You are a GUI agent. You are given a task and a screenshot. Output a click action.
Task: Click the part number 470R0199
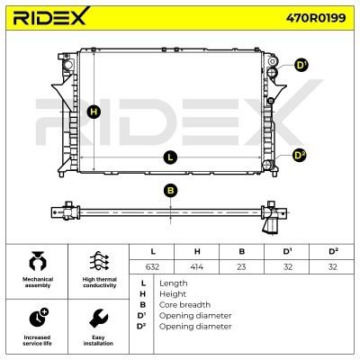(316, 18)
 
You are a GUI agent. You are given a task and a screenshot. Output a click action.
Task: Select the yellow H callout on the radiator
(94, 112)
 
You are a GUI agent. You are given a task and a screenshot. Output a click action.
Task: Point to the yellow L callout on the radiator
(170, 157)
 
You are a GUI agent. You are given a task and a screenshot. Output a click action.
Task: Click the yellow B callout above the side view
(170, 191)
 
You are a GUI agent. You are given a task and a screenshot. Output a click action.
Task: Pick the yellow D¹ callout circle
(301, 65)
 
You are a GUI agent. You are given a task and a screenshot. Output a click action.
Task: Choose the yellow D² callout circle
(300, 156)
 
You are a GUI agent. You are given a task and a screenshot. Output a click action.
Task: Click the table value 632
(152, 266)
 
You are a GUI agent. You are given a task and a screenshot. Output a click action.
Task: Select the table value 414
(197, 266)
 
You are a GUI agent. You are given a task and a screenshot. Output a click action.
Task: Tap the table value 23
(241, 266)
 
